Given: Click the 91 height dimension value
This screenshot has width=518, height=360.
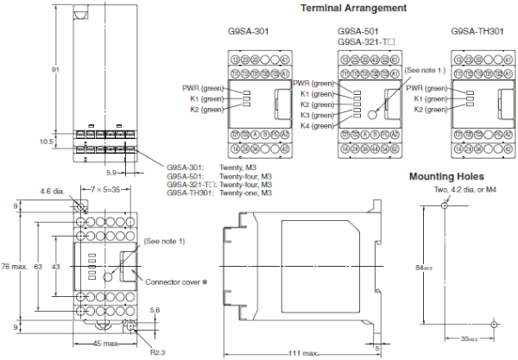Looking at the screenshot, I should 54,69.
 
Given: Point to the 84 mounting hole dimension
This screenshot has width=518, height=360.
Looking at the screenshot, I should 422,268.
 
